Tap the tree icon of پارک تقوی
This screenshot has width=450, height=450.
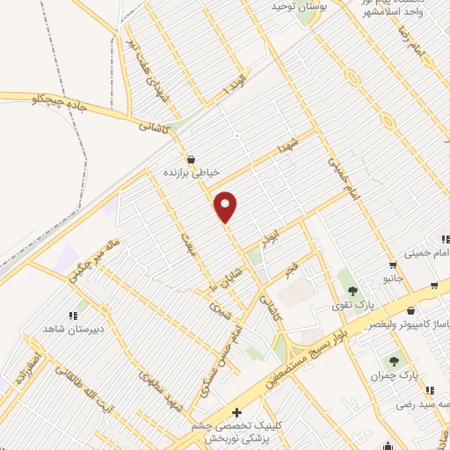point(353,292)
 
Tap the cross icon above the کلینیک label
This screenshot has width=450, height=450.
point(236,411)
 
